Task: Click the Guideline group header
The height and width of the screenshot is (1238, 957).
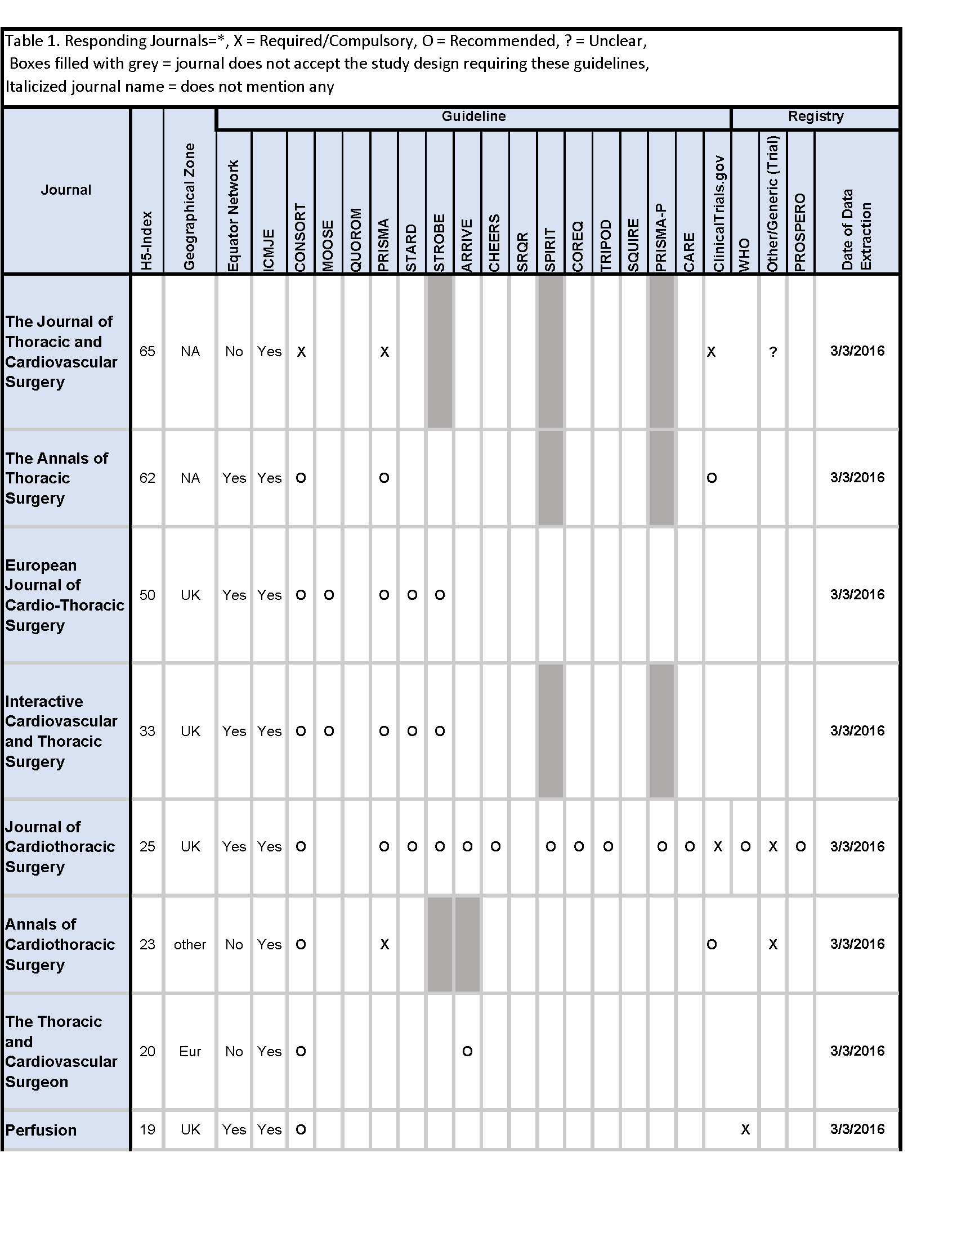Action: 473,116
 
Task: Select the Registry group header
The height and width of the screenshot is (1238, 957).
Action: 815,116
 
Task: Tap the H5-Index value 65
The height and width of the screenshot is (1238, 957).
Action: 147,352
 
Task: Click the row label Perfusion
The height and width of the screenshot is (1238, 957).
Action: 41,1130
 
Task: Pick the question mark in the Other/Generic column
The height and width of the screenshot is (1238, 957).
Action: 773,352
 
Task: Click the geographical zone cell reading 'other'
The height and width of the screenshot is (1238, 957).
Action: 190,944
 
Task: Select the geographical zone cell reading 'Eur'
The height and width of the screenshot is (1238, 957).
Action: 190,1052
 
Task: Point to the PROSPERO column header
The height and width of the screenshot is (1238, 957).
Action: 800,232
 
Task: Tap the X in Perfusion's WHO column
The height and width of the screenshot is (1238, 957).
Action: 745,1130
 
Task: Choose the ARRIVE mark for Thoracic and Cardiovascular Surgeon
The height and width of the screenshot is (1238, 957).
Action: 467,1052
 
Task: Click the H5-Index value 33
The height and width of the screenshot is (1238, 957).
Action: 147,731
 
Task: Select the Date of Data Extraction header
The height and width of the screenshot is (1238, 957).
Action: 856,230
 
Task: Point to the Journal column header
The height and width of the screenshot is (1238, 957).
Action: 66,190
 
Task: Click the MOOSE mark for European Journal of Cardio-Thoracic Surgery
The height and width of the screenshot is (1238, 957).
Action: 329,595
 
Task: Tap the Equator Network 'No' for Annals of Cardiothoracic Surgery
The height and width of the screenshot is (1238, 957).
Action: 234,944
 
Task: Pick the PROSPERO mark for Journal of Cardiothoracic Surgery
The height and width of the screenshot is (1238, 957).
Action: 801,847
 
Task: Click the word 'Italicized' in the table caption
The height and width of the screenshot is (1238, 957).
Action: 35,87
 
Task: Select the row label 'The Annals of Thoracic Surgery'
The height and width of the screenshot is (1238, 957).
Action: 57,478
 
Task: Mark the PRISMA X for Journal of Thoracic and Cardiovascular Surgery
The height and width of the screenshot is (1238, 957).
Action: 384,352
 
